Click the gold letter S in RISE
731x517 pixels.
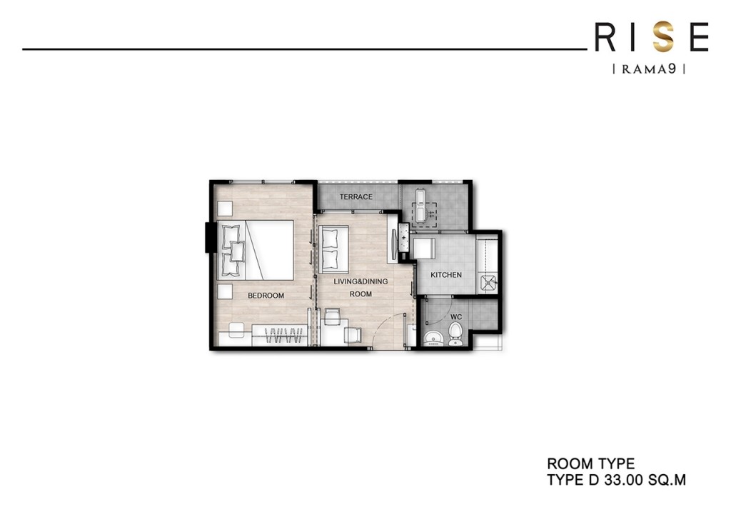[664, 38]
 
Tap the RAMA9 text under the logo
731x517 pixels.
[649, 69]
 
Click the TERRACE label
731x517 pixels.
[356, 197]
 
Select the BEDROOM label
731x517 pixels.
[266, 296]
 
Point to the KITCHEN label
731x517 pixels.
[446, 275]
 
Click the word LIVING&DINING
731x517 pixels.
[361, 281]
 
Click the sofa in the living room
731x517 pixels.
[333, 248]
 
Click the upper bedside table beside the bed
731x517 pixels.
[226, 209]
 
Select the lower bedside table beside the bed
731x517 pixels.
[226, 291]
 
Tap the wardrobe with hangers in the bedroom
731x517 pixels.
[280, 334]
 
